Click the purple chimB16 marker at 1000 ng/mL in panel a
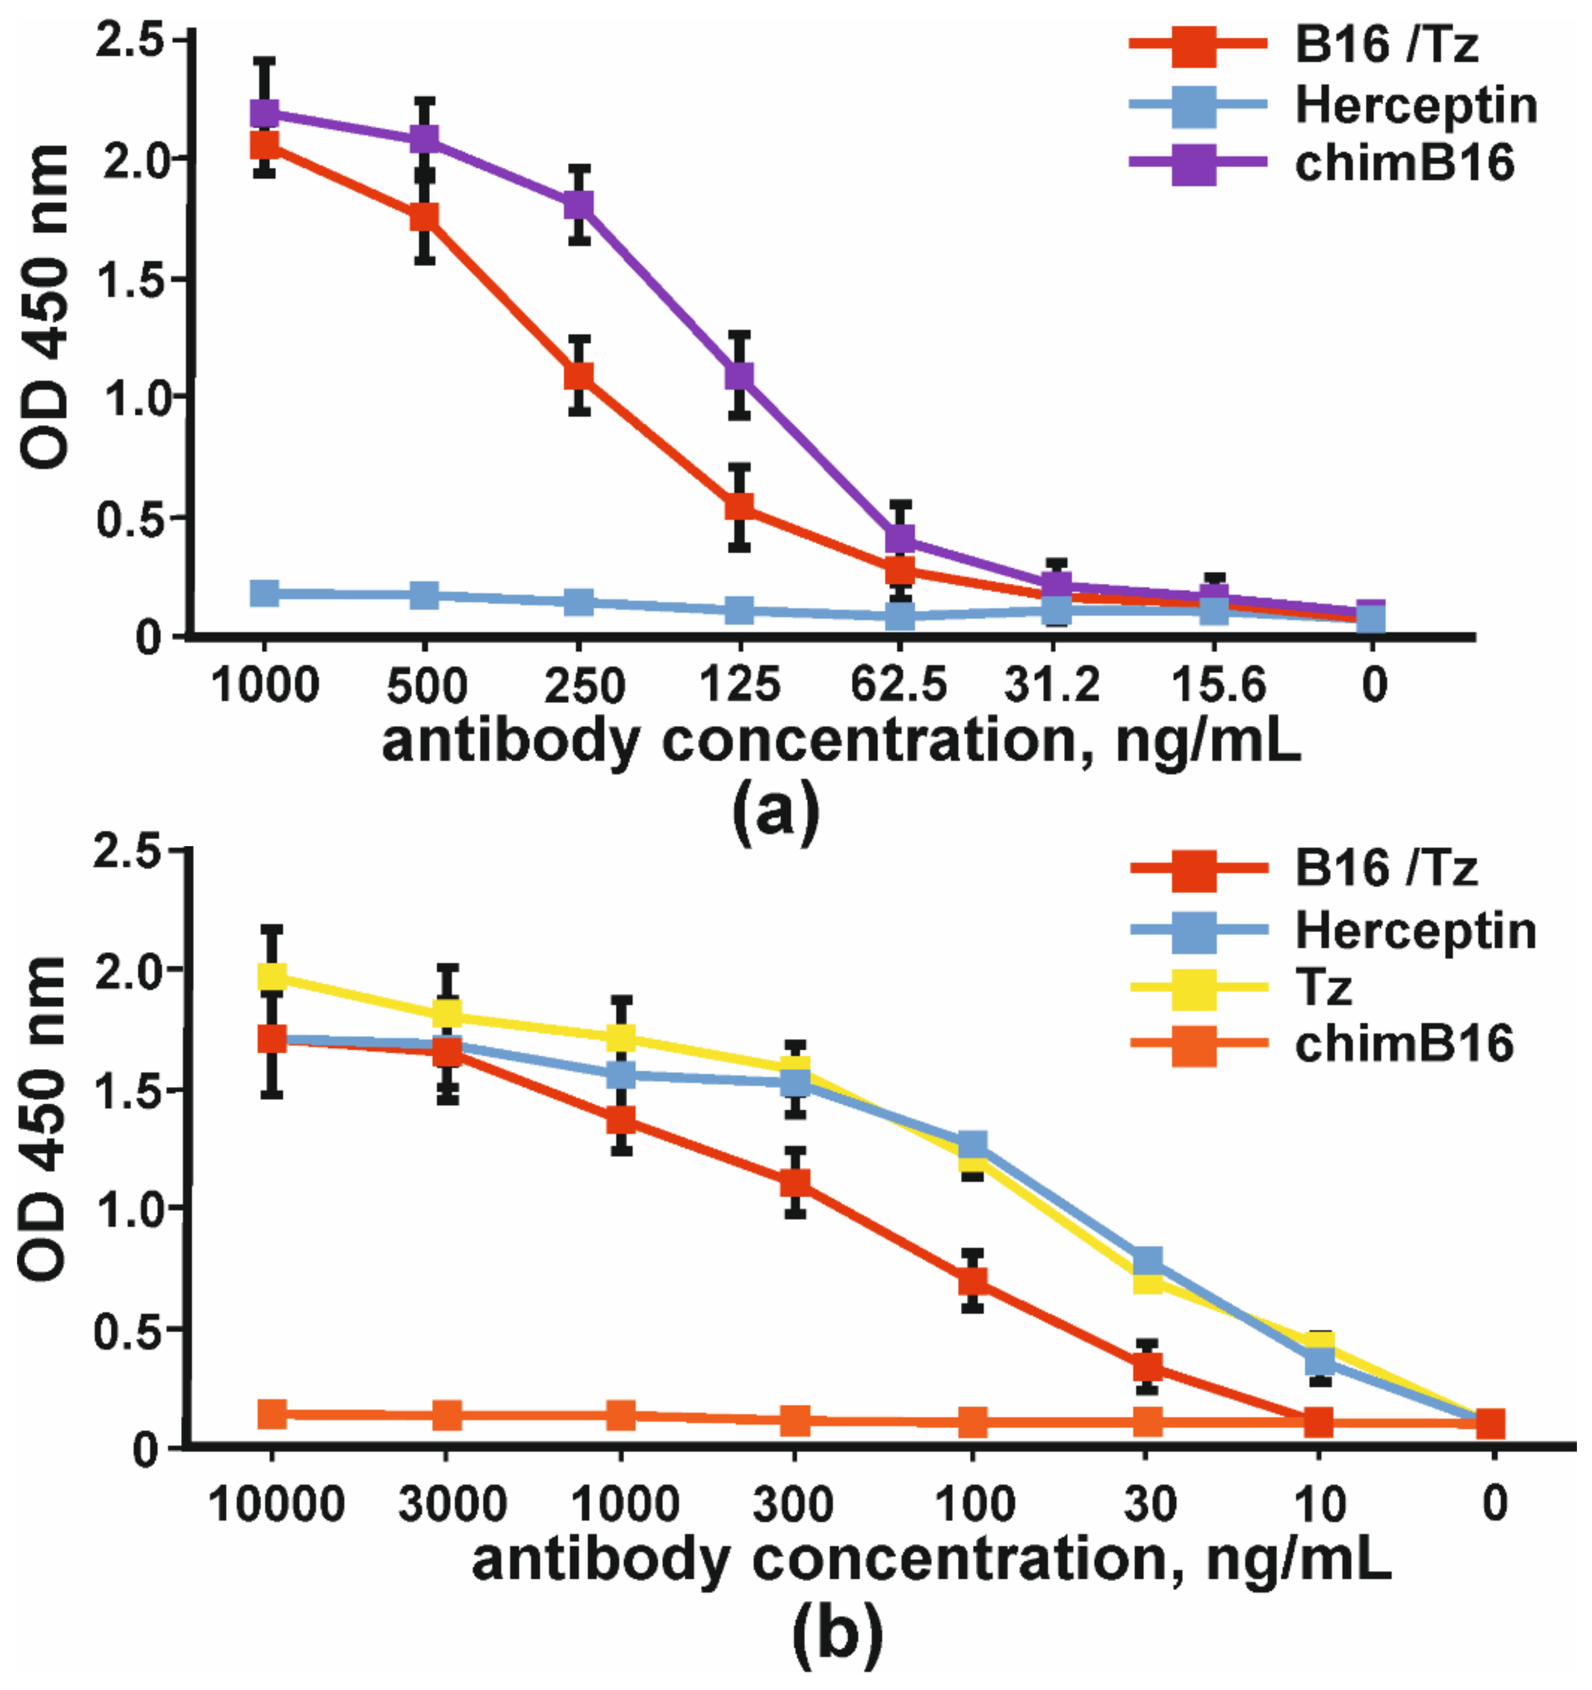point(265,113)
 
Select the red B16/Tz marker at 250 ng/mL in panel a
point(579,375)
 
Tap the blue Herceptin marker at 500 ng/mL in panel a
point(424,595)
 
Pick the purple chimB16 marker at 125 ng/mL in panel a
point(740,375)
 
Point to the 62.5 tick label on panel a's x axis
point(899,684)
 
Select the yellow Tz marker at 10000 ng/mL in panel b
point(272,977)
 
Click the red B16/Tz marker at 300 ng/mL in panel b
point(795,1183)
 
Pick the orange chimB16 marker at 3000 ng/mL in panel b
point(447,1416)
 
